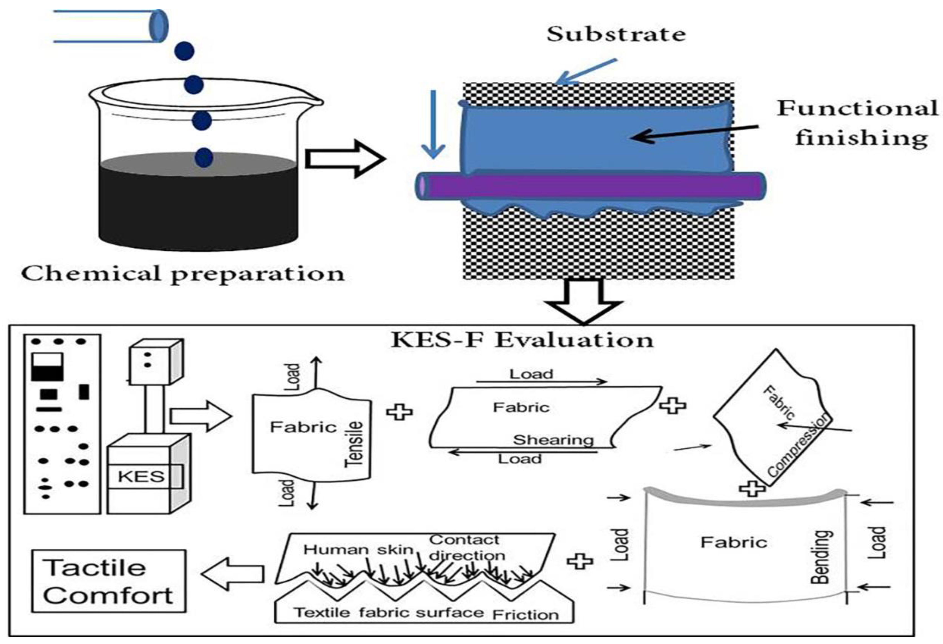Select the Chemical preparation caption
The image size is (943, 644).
click(182, 274)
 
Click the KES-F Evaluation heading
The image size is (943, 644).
click(522, 340)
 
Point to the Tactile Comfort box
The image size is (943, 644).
click(109, 581)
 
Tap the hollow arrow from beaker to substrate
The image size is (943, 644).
click(344, 159)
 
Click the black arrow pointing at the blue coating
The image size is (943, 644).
click(695, 132)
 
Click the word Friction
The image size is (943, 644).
click(526, 615)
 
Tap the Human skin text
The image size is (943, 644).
click(358, 549)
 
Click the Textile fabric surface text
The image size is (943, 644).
click(388, 612)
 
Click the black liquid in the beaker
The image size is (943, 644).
click(198, 207)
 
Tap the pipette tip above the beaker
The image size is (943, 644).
click(159, 26)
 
